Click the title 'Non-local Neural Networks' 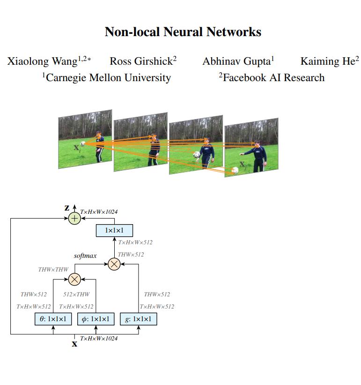[183, 32]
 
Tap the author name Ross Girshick [140, 61]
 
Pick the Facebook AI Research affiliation [272, 77]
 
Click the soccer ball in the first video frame [83, 144]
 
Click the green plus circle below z [74, 219]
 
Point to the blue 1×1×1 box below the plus [114, 231]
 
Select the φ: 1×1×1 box [96, 319]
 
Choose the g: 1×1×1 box [139, 319]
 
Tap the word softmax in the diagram [85, 256]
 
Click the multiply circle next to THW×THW [74, 280]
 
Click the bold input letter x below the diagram [74, 344]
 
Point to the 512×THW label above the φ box [76, 294]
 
